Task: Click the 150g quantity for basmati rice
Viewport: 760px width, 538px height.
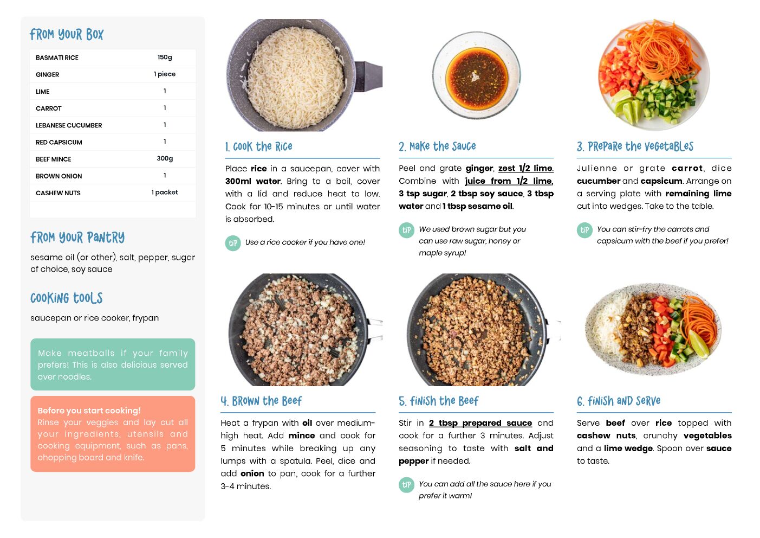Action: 165,57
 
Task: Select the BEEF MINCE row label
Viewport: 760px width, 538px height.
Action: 53,159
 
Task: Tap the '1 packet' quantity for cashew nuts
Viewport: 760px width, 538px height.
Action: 165,192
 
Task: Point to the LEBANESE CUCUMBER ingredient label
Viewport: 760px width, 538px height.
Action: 69,125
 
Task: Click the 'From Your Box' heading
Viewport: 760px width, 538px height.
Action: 67,34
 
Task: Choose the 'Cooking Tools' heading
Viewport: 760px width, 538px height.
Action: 67,298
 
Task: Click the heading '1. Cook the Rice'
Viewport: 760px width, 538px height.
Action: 258,146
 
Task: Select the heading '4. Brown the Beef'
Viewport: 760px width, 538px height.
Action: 261,401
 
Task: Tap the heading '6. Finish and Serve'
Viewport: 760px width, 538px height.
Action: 619,401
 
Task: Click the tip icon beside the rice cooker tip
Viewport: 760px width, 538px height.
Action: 233,243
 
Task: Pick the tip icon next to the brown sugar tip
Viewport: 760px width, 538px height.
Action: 406,230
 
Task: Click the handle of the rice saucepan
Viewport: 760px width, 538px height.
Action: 368,76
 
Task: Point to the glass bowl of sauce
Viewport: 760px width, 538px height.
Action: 476,75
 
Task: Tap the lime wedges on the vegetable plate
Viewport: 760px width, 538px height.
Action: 626,106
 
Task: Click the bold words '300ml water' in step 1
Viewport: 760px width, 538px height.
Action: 253,181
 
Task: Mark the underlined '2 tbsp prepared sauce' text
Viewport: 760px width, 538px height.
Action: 480,423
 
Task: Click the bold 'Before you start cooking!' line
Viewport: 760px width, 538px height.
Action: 89,411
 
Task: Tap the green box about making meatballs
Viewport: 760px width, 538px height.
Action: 113,364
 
